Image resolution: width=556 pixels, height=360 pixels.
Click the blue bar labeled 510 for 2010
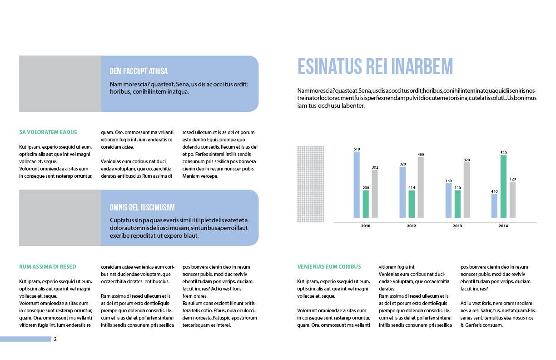(357, 185)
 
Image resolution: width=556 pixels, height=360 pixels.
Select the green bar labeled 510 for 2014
(503, 186)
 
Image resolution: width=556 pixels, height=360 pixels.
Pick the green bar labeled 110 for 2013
(457, 204)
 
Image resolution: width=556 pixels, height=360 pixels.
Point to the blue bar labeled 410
(494, 205)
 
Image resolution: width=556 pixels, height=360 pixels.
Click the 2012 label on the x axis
(412, 226)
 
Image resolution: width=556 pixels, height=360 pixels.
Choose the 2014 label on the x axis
(503, 226)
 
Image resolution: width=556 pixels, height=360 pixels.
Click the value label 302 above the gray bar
(375, 167)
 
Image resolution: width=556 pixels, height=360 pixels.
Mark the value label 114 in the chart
(412, 187)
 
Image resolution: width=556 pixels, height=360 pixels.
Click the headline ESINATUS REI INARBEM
(375, 66)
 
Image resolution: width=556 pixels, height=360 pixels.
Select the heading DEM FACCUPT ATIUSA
(139, 71)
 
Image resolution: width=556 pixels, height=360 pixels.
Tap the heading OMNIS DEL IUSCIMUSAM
(142, 208)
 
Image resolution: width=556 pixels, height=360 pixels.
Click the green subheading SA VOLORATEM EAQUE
(48, 132)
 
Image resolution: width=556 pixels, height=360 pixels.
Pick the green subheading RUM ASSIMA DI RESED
(48, 267)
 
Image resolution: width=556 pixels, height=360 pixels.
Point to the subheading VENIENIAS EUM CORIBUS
(329, 267)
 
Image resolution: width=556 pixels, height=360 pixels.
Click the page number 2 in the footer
(55, 339)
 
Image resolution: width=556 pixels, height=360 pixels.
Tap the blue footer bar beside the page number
(25, 339)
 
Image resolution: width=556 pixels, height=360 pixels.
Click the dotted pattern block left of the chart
(311, 184)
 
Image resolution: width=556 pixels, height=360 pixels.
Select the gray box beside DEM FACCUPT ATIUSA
(60, 84)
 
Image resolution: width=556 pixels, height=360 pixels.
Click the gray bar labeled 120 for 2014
(512, 200)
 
